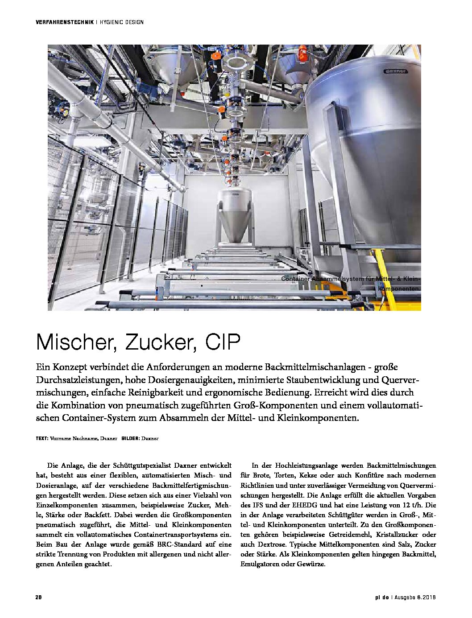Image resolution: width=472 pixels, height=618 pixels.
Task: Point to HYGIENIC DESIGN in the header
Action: click(x=121, y=22)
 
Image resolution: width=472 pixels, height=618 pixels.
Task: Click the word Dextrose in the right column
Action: click(x=272, y=544)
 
